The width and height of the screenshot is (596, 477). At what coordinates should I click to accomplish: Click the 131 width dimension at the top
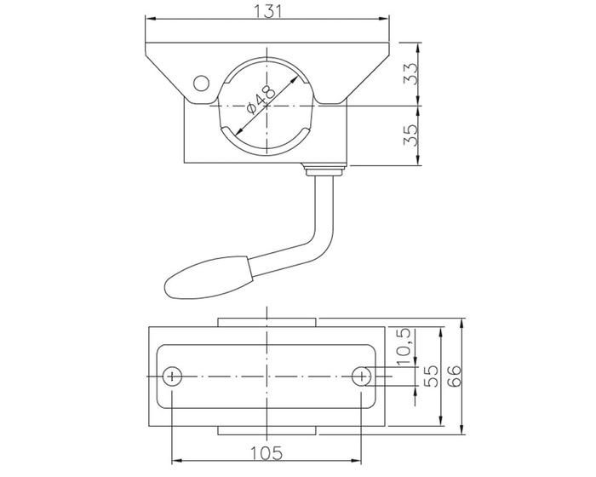pyautogui.click(x=267, y=10)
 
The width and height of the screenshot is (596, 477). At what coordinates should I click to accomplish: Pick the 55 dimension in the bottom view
pyautogui.click(x=433, y=375)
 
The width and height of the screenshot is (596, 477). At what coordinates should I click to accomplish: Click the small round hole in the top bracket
pyautogui.click(x=201, y=83)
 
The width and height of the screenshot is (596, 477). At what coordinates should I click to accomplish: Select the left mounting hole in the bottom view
pyautogui.click(x=173, y=376)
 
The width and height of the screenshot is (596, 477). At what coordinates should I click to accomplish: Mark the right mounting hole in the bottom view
pyautogui.click(x=364, y=376)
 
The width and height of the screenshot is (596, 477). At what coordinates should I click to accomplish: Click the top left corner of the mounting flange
pyautogui.click(x=146, y=41)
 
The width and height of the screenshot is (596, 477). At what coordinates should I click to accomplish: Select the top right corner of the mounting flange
pyautogui.click(x=389, y=41)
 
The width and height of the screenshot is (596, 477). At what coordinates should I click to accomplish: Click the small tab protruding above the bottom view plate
pyautogui.click(x=267, y=322)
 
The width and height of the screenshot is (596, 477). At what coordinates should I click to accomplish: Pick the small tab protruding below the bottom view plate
pyautogui.click(x=267, y=429)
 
